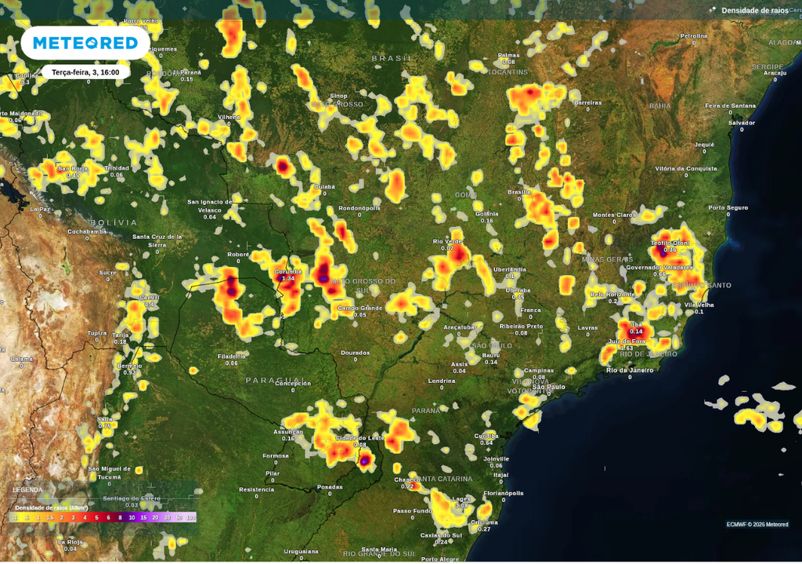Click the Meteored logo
click(85, 43)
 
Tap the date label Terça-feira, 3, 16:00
click(85, 72)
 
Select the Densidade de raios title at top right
click(753, 10)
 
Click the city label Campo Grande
click(359, 308)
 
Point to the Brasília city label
click(519, 192)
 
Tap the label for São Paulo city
click(549, 387)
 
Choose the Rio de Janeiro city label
click(630, 370)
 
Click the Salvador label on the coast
click(742, 122)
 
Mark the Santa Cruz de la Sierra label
click(157, 240)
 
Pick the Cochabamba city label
click(87, 232)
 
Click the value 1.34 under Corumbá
click(288, 279)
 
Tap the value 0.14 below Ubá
click(636, 332)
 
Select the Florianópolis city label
click(504, 493)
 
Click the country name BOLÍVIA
click(114, 222)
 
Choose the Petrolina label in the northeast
click(693, 36)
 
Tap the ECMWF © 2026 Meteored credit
click(757, 524)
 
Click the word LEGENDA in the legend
click(27, 490)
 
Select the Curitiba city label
click(486, 436)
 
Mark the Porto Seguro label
click(728, 208)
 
